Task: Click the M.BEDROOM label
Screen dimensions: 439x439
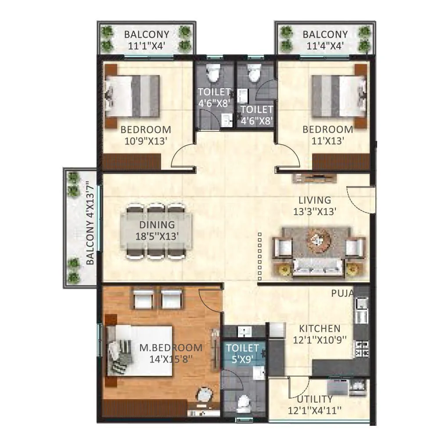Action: pyautogui.click(x=171, y=348)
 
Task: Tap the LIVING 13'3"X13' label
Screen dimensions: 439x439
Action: pyautogui.click(x=315, y=206)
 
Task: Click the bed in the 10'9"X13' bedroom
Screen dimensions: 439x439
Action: pyautogui.click(x=132, y=96)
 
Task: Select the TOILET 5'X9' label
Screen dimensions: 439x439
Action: pyautogui.click(x=242, y=353)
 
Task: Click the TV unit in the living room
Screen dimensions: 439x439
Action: pyautogui.click(x=314, y=178)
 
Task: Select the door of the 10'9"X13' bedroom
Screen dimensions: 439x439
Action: pyautogui.click(x=182, y=157)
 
